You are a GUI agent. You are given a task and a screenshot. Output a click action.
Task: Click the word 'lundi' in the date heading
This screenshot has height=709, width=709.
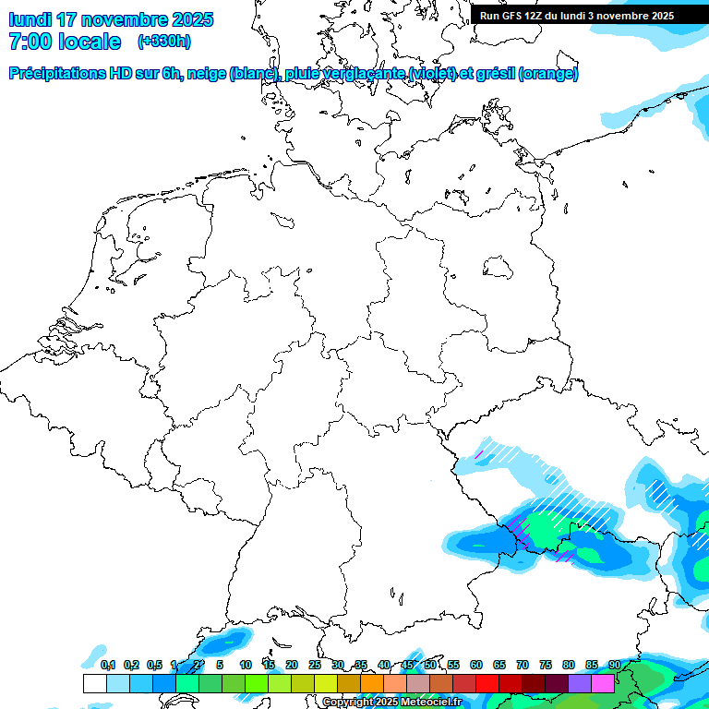pos(30,19)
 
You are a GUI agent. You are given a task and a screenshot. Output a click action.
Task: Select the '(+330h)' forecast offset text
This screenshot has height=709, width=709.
pos(163,42)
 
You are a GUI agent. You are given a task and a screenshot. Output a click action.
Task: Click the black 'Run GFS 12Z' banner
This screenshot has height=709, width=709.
pos(577,16)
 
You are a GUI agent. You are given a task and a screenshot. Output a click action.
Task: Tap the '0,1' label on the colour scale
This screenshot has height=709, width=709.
pos(108,665)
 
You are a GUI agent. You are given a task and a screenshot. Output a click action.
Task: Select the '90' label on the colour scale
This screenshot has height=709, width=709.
pos(615,665)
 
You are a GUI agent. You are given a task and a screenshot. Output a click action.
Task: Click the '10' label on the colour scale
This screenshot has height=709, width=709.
pos(246,665)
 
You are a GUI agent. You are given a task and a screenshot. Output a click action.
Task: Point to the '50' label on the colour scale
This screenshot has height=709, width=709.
pos(430,665)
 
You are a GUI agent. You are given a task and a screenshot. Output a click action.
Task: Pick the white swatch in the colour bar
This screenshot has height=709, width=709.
pos(94,683)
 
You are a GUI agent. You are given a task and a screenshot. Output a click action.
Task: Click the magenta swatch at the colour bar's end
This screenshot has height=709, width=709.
pos(603,683)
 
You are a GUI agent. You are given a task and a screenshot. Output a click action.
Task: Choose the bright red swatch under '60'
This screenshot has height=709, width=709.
pos(487,683)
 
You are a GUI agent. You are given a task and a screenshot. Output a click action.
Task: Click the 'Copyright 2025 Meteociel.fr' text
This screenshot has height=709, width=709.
pos(392,703)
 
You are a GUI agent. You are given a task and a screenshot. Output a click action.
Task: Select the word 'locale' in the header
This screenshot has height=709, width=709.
pos(90,42)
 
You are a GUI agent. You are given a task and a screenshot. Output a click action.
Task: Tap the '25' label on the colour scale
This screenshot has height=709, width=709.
pos(315,665)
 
